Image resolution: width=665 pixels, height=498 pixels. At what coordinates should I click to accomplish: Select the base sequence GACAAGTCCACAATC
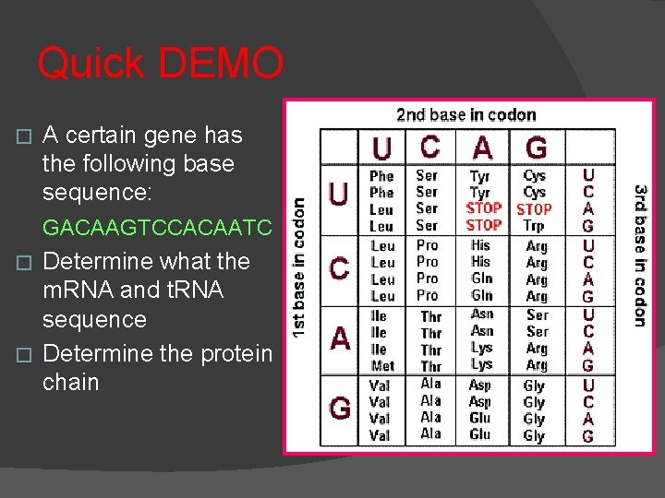click(x=158, y=227)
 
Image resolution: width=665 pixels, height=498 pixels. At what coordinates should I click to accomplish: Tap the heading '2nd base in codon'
click(x=465, y=115)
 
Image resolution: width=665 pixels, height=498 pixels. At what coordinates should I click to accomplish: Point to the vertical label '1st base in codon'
click(x=298, y=267)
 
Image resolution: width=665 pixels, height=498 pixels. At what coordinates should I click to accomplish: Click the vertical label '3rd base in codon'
click(x=639, y=254)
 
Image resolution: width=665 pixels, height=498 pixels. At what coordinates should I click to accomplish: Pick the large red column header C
click(x=429, y=147)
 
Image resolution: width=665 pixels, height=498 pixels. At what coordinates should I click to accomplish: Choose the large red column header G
click(x=536, y=147)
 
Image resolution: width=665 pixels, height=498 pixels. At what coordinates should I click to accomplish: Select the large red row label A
click(x=340, y=338)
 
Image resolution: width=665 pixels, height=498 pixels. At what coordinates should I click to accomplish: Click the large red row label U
click(x=340, y=195)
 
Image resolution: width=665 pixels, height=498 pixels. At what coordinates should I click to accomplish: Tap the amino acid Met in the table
click(x=381, y=366)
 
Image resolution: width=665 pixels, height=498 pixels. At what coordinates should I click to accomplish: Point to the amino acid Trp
click(x=534, y=225)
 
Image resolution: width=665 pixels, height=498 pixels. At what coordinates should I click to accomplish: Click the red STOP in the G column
click(x=534, y=209)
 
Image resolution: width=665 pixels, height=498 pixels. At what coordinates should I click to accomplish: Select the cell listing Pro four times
click(x=428, y=271)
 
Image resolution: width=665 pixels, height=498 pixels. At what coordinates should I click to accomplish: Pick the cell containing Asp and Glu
click(x=480, y=409)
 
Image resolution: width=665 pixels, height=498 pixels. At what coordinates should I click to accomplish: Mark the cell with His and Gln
click(x=481, y=271)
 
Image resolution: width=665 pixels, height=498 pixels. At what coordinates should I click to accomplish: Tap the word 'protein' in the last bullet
click(x=236, y=353)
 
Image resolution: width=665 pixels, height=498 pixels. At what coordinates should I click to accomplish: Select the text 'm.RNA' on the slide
click(x=79, y=290)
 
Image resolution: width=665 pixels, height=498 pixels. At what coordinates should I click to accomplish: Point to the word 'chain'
click(x=70, y=383)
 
